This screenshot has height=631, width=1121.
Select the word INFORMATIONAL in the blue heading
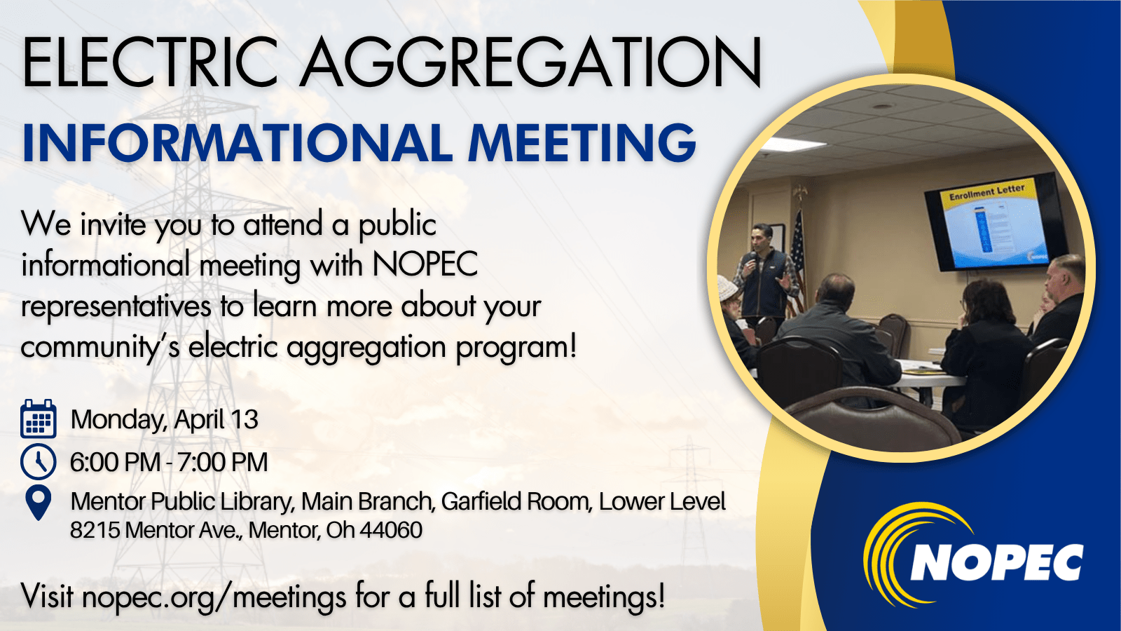click(x=238, y=143)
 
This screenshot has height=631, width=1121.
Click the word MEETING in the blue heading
click(x=582, y=143)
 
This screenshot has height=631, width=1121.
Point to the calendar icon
click(x=39, y=419)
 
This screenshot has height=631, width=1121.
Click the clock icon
click(x=39, y=461)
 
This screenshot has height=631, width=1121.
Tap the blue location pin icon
click(x=39, y=502)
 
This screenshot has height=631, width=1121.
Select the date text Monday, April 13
click(x=165, y=420)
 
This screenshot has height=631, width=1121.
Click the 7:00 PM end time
click(x=222, y=463)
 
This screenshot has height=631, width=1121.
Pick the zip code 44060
click(x=391, y=530)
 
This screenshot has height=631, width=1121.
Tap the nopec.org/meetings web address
click(x=214, y=597)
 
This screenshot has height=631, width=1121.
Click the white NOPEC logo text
click(x=996, y=562)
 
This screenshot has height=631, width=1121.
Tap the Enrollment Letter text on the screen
click(x=986, y=192)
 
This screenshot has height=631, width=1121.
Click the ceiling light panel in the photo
click(x=792, y=144)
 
